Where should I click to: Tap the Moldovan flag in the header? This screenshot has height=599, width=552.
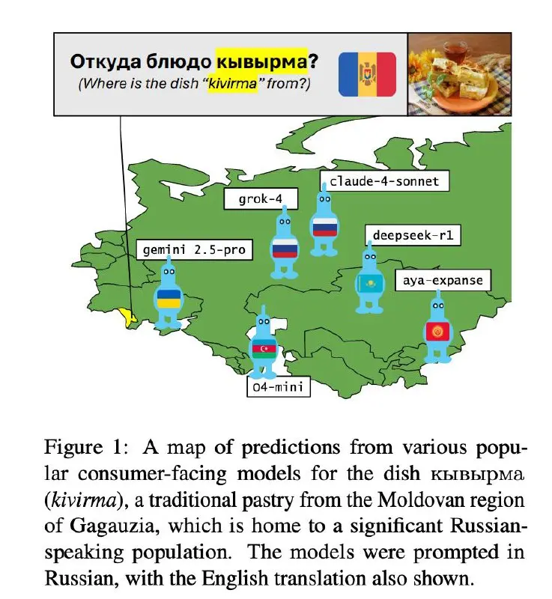367,74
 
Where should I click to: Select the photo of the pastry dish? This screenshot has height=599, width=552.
458,74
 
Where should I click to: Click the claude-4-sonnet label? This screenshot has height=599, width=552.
379,181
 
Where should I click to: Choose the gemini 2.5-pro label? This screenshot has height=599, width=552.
194,249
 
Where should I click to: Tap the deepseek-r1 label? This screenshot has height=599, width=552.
413,236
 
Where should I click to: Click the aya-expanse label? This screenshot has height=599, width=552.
442,281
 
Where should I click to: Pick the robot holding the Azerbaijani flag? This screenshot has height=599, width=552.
264,346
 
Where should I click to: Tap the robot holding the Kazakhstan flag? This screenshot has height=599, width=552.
368,281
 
